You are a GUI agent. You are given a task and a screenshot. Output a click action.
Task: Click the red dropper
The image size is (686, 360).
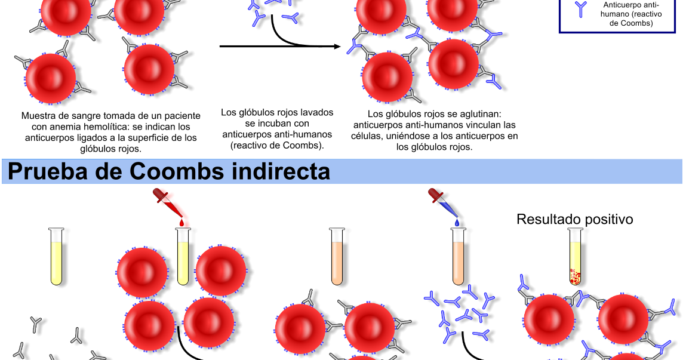coord(167,201)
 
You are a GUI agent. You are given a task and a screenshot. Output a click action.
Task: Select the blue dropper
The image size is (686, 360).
coord(442,201)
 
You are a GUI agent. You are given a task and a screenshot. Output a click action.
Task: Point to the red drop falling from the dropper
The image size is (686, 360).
coord(182,223)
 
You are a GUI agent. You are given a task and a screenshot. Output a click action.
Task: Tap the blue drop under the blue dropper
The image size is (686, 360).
coord(457,223)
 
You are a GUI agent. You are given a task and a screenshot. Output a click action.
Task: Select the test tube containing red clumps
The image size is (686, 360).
coord(575,257)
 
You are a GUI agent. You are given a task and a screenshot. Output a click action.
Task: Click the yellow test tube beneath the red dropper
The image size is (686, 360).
coord(183,257)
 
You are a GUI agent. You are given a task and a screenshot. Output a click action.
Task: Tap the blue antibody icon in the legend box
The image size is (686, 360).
coord(580,9)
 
